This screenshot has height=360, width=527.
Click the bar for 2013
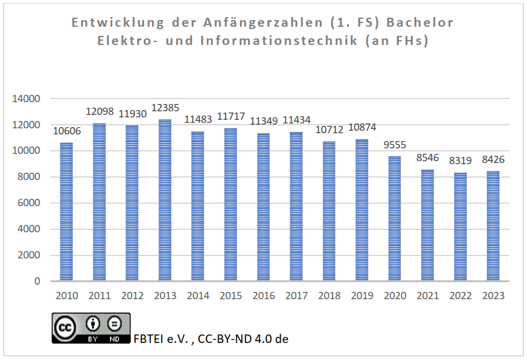coord(165,201)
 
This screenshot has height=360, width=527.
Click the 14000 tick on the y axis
coord(28,99)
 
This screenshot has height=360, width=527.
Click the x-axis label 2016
coord(263,296)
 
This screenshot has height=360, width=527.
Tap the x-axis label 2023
coord(493,296)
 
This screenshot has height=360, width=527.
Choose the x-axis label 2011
coord(100,296)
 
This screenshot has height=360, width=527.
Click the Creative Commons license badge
coord(91,328)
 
